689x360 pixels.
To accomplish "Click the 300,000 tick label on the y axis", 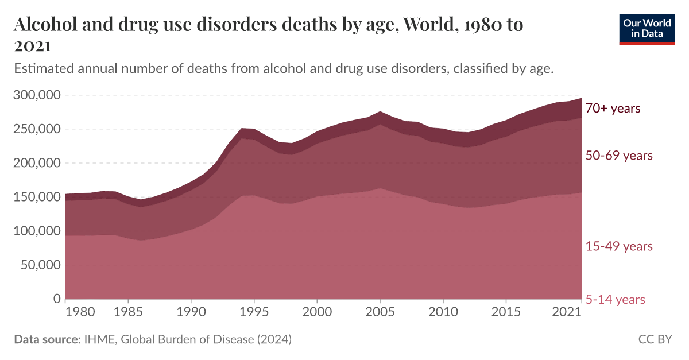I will [36, 95].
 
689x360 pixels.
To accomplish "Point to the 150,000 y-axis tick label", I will [36, 197].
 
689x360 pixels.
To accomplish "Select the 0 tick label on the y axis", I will [56, 299].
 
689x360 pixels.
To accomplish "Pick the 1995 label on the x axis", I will [253, 312].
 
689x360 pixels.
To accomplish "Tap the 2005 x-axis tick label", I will [379, 312].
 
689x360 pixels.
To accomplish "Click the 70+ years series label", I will [613, 109].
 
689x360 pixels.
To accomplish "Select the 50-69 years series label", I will [619, 156].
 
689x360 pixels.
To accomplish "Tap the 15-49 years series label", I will [619, 246].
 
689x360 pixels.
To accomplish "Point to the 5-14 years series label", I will [615, 300].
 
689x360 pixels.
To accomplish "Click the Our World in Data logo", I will [647, 28].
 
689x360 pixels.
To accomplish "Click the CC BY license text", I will [655, 339].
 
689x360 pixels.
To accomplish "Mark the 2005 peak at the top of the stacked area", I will [380, 111].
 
